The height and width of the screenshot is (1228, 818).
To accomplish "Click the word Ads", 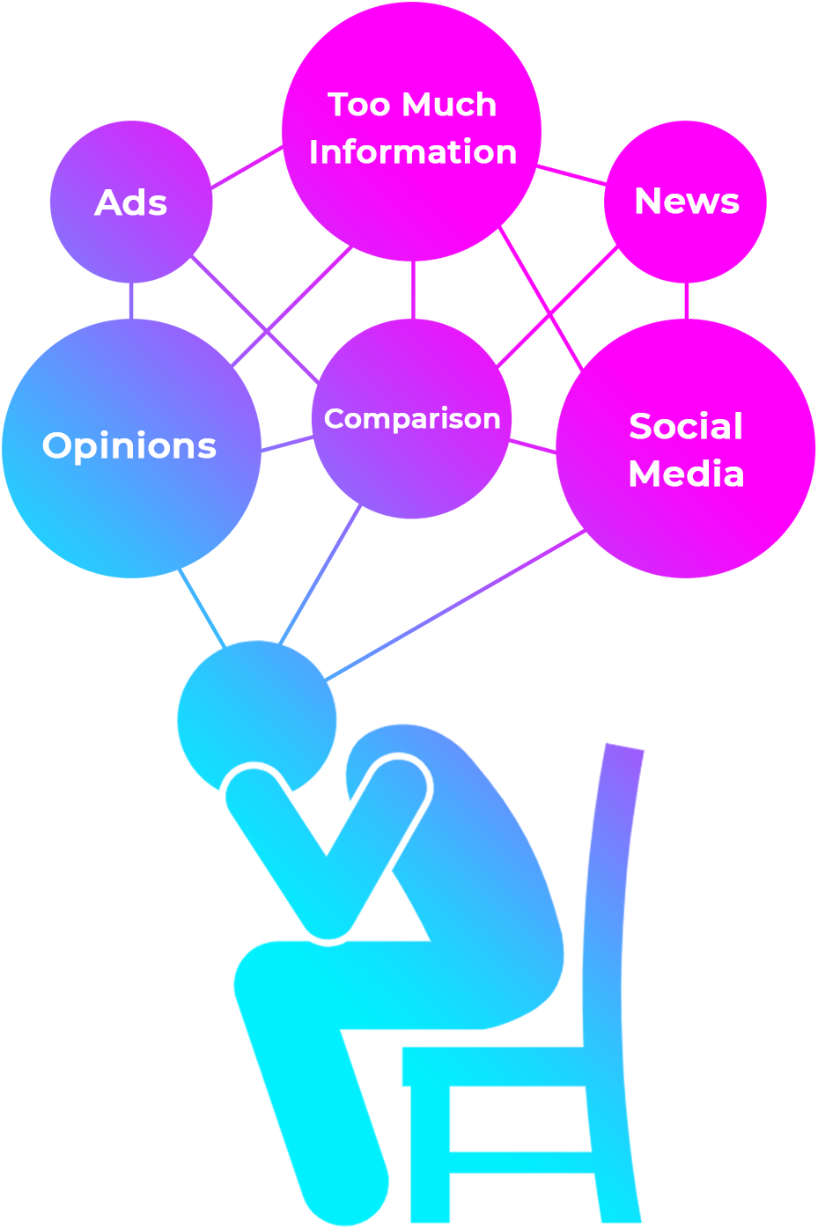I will click(130, 203).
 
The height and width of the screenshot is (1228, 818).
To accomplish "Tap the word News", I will click(687, 202).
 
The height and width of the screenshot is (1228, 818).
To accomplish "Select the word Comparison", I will click(412, 418).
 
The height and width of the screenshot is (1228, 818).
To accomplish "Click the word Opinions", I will click(129, 445).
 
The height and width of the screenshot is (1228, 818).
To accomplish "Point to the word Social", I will click(686, 427).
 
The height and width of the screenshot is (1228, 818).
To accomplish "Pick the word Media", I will click(686, 474).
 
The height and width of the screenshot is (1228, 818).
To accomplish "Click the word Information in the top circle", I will click(412, 152).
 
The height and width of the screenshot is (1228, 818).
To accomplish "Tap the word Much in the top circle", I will click(456, 106).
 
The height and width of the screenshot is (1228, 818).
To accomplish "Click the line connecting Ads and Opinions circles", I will click(131, 301).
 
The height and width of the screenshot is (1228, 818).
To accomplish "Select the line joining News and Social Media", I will click(687, 301).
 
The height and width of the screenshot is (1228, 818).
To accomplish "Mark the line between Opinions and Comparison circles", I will click(287, 445).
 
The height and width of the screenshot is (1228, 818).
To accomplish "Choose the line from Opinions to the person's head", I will click(203, 609).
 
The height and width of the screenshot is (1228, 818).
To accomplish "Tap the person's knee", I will click(260, 973).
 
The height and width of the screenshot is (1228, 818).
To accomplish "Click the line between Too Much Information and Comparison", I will click(412, 290).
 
